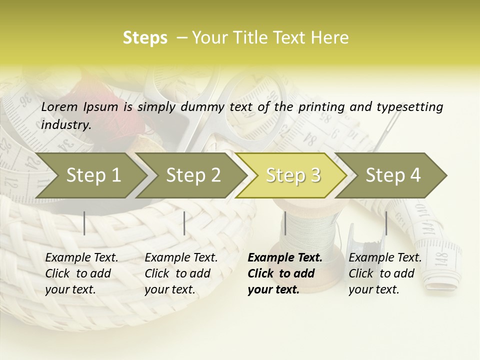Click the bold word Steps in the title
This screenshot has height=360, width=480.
click(145, 38)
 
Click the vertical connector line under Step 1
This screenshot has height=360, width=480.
click(84, 223)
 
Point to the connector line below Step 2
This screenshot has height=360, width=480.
click(184, 223)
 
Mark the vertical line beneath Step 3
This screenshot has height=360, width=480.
click(285, 223)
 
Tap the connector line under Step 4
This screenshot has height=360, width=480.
click(386, 223)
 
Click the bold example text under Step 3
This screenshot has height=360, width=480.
click(284, 273)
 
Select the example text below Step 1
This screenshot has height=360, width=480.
click(81, 273)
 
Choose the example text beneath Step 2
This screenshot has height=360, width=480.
click(181, 273)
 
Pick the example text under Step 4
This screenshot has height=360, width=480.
click(385, 273)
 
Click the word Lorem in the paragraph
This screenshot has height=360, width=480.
click(59, 106)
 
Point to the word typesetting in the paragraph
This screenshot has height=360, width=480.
click(408, 107)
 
